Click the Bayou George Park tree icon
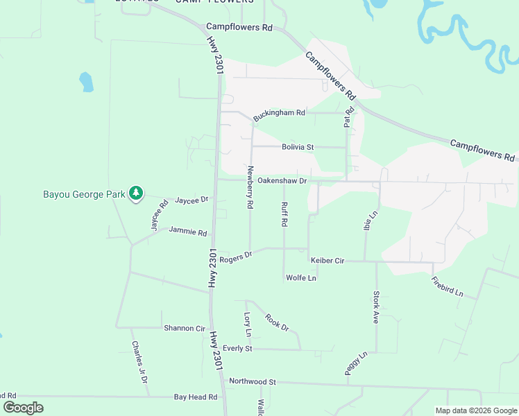click(x=137, y=193)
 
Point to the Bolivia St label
click(x=298, y=147)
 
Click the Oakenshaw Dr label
click(x=282, y=181)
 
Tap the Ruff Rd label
click(x=284, y=215)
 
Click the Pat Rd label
click(x=349, y=116)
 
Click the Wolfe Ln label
click(x=300, y=278)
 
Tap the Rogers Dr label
click(x=235, y=257)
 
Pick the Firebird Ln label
click(x=447, y=286)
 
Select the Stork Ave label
click(x=376, y=307)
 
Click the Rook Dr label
click(x=276, y=322)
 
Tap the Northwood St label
click(x=253, y=381)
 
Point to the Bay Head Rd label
click(x=196, y=397)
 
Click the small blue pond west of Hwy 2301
click(x=86, y=82)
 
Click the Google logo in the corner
click(x=23, y=408)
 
